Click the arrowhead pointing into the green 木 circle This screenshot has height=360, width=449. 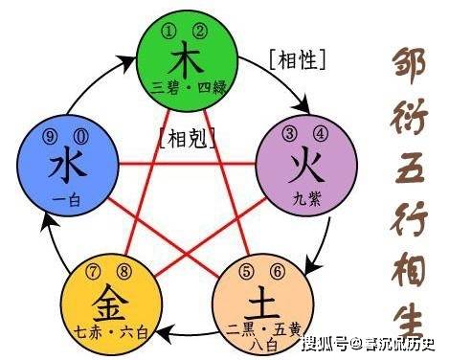coord(131,60)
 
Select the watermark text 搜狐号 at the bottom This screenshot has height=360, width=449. coord(324,343)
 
